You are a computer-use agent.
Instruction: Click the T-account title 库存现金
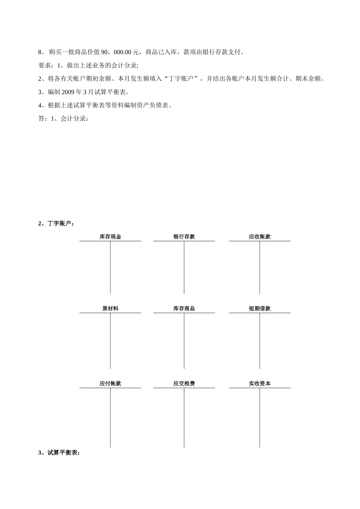110,237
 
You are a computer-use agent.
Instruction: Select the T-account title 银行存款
184,237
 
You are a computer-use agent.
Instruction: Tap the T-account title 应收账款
260,237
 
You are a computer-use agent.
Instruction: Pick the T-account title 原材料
110,309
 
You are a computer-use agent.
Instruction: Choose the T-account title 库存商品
184,309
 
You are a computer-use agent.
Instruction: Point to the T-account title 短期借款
260,309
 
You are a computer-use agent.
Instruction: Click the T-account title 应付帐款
110,384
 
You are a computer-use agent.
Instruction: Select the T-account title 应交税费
184,384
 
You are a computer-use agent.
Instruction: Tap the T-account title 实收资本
260,384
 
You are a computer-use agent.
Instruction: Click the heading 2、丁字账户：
56,223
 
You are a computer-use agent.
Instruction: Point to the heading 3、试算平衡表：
59,453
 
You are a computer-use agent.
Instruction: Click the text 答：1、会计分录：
64,119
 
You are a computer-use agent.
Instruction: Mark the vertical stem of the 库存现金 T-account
110,267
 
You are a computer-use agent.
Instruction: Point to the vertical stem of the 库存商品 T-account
184,341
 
